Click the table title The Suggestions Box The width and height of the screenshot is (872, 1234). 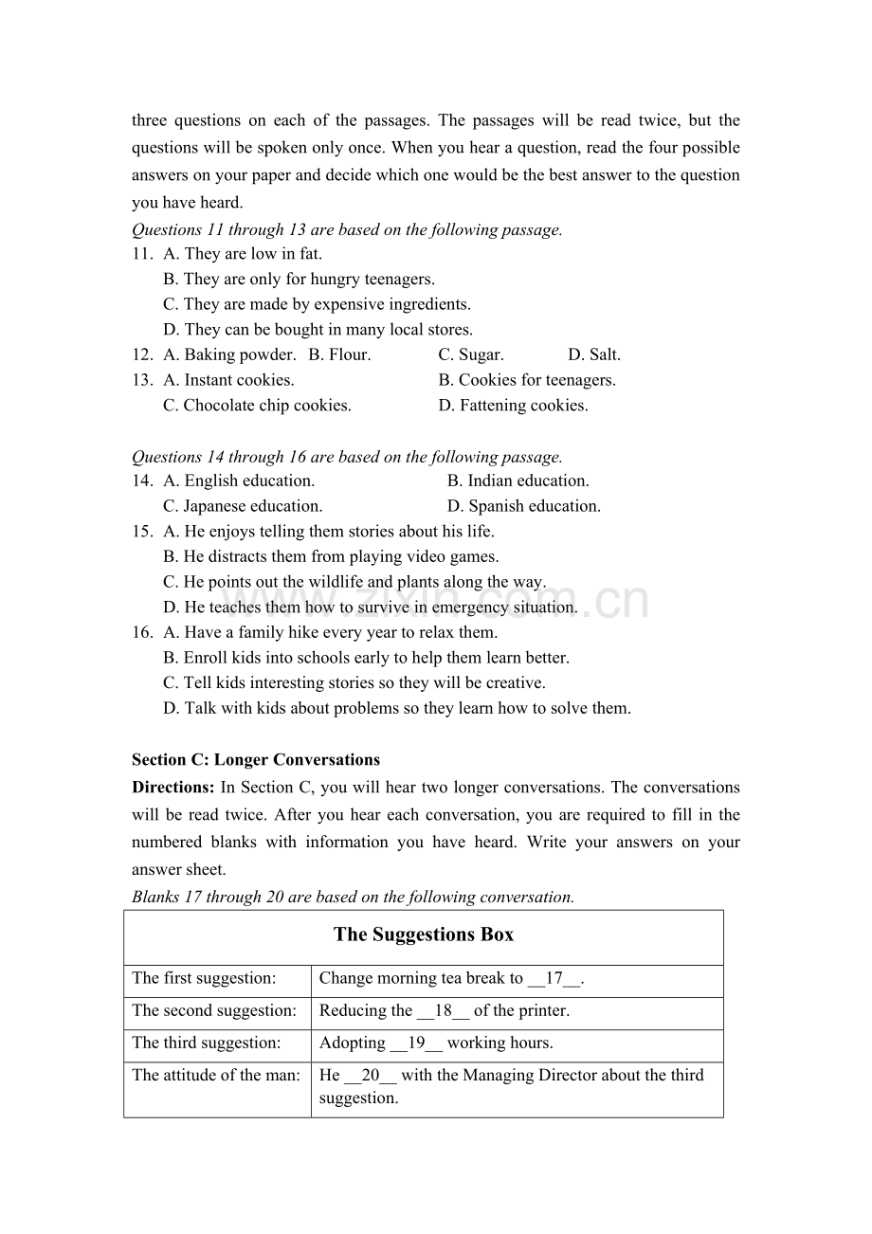click(424, 935)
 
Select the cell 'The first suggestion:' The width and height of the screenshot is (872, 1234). click(205, 978)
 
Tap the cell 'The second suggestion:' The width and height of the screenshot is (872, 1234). click(214, 1010)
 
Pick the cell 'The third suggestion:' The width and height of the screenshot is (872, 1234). click(207, 1043)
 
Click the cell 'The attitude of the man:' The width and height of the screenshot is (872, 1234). click(216, 1075)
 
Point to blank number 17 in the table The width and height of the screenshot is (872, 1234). click(554, 978)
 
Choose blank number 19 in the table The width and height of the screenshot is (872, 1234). click(416, 1043)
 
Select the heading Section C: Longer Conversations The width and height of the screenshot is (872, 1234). click(256, 759)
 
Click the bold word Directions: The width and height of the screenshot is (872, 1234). click(173, 787)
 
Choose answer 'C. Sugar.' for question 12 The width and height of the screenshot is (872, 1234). click(471, 354)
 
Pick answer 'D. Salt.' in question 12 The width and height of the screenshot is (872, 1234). click(594, 354)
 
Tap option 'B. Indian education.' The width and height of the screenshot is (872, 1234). click(518, 481)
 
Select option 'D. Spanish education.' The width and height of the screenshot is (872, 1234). click(524, 506)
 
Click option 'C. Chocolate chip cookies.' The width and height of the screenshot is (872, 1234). click(257, 406)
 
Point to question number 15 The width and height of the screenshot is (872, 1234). click(142, 532)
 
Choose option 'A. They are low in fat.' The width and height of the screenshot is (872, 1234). click(243, 254)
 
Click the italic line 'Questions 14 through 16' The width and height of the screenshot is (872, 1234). click(347, 457)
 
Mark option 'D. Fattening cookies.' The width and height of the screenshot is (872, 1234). click(513, 406)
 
